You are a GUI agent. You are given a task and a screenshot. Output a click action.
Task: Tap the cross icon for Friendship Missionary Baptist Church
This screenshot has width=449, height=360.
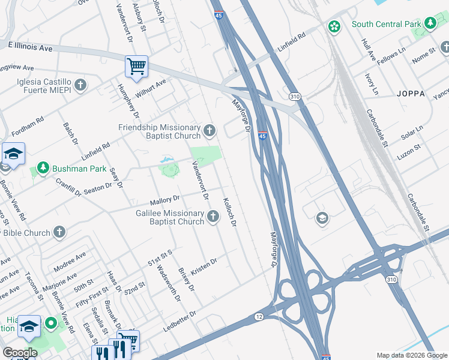click(x=209, y=130)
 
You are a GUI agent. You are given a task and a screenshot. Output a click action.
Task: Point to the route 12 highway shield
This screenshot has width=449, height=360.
click(x=259, y=316)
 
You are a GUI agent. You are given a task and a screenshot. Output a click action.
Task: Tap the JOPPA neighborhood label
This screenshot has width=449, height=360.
click(x=411, y=94)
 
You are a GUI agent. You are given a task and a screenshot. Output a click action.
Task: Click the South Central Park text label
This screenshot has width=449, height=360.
click(x=385, y=25)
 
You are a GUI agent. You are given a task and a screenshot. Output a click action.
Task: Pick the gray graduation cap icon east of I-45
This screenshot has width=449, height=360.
click(x=322, y=217)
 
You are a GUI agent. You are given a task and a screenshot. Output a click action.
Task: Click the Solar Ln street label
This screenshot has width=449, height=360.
click(x=412, y=133)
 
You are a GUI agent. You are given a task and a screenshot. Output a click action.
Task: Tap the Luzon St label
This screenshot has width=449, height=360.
click(x=409, y=152)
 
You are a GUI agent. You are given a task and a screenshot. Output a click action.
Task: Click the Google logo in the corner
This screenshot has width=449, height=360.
click(x=20, y=353)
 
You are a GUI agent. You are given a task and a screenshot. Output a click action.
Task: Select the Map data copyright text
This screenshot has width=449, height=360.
click(x=412, y=355)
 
